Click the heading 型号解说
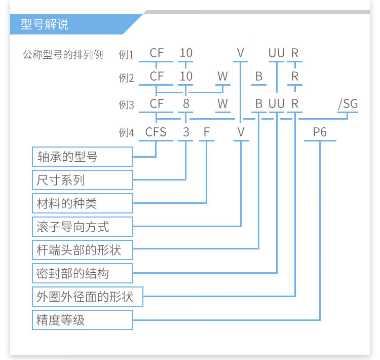point(45,24)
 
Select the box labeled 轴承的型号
point(83,157)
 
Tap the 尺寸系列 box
point(83,180)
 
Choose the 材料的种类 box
point(83,203)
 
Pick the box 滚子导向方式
point(83,227)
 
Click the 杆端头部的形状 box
point(83,250)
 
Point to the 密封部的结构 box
point(83,273)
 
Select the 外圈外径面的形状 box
point(88,297)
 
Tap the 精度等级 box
point(83,320)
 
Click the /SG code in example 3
point(348,104)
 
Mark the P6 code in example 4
point(320,132)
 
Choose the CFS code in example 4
point(156,132)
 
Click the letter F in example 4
point(207,132)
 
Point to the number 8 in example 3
point(186,104)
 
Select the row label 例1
point(126,55)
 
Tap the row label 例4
point(126,133)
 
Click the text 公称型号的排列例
point(63,55)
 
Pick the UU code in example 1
point(277,53)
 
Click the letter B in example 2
point(259,77)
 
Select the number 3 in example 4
point(186,132)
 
